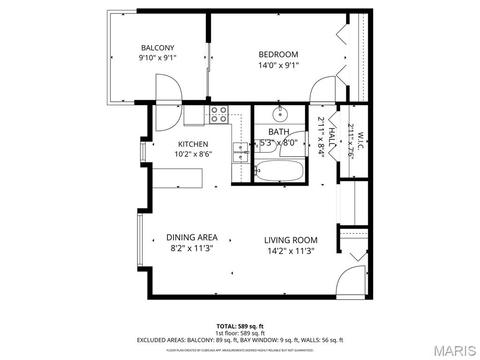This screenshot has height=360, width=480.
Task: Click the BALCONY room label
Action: [x=157, y=48]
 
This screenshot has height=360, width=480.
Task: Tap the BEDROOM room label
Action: [x=278, y=54]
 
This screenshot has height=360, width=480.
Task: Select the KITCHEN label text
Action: [x=193, y=144]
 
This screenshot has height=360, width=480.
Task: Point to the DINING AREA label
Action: [x=192, y=238]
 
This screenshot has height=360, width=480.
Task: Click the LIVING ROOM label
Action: [x=291, y=240]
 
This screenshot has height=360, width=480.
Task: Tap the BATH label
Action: [x=278, y=132]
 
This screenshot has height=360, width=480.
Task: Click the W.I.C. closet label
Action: [x=360, y=141]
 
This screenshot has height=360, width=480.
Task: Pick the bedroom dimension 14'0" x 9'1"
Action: [x=278, y=65]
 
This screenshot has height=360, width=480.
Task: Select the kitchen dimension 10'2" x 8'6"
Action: [x=193, y=154]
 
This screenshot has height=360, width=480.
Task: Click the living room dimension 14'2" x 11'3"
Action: [x=291, y=251]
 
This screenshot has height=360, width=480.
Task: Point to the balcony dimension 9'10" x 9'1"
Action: [x=157, y=58]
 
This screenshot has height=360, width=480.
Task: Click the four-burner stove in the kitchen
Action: [x=219, y=114]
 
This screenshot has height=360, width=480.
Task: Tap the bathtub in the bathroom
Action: [x=279, y=171]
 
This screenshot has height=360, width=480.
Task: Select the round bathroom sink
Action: [x=280, y=114]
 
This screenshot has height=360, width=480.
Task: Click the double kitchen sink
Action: [x=240, y=152]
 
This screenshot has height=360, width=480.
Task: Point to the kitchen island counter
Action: [x=178, y=178]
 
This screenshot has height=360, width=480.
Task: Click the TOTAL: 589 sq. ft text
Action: [x=240, y=326]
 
